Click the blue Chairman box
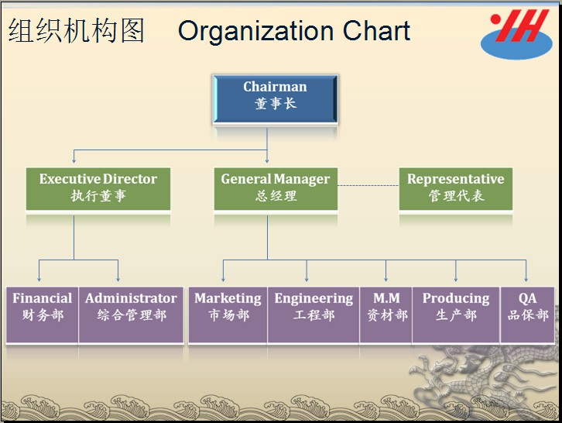point(276,99)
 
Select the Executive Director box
point(98,189)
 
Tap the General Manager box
point(276,189)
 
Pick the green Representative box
point(456,189)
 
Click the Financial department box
point(43,315)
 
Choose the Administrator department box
point(131,315)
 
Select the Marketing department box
point(228,315)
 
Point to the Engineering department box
point(314,315)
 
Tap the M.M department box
point(386,315)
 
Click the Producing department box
point(456,315)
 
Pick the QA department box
point(528,315)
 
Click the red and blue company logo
point(516,33)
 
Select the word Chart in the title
point(376,31)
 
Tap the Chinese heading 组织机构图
point(77,31)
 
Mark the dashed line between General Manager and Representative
point(368,185)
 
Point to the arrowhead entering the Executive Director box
point(74,161)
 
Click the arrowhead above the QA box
point(526,279)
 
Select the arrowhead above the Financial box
point(39,279)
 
